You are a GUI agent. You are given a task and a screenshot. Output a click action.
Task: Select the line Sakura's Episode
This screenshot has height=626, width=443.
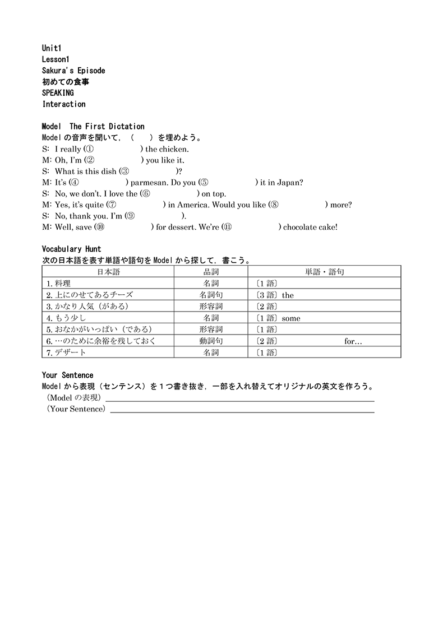73,71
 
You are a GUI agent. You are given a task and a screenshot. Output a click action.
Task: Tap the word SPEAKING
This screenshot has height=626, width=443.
58,93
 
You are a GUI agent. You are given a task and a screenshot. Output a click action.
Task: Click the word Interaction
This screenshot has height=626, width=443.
64,104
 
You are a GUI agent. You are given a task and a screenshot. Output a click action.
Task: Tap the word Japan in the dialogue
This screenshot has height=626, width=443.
290,183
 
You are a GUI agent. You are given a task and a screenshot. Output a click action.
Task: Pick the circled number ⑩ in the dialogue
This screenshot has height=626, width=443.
99,227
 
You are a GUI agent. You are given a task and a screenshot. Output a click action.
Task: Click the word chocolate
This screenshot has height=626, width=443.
299,227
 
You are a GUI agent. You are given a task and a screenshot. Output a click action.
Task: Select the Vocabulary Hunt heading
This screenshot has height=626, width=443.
72,249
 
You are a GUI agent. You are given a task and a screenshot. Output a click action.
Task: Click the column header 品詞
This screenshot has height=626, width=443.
211,272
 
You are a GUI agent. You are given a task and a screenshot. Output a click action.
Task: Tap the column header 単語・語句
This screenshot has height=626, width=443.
325,272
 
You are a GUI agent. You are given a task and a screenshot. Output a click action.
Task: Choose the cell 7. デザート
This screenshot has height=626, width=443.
67,353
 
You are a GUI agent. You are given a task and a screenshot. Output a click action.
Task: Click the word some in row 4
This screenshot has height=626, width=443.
291,318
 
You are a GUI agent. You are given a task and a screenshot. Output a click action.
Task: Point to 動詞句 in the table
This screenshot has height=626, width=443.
211,341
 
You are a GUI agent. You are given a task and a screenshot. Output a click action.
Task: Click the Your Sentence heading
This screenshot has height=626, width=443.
68,375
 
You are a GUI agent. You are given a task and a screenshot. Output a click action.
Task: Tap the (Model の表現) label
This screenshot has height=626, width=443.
73,398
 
